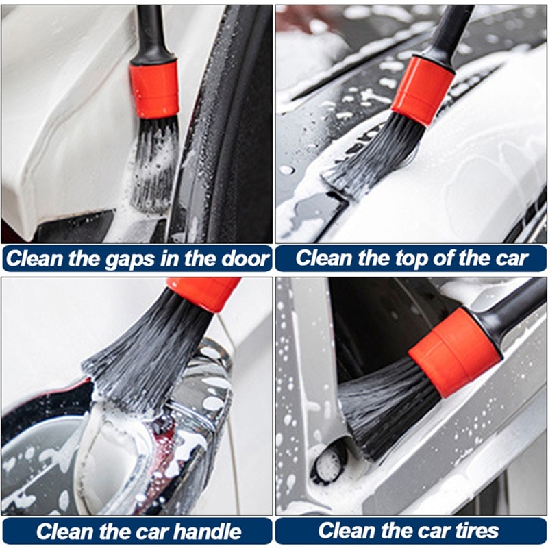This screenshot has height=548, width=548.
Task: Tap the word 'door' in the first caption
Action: click(x=243, y=259)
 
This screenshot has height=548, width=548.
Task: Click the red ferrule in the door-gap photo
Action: click(x=154, y=88)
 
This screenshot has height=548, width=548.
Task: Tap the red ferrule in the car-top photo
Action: click(x=423, y=90)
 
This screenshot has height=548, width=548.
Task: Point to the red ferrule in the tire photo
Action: click(x=454, y=351)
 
